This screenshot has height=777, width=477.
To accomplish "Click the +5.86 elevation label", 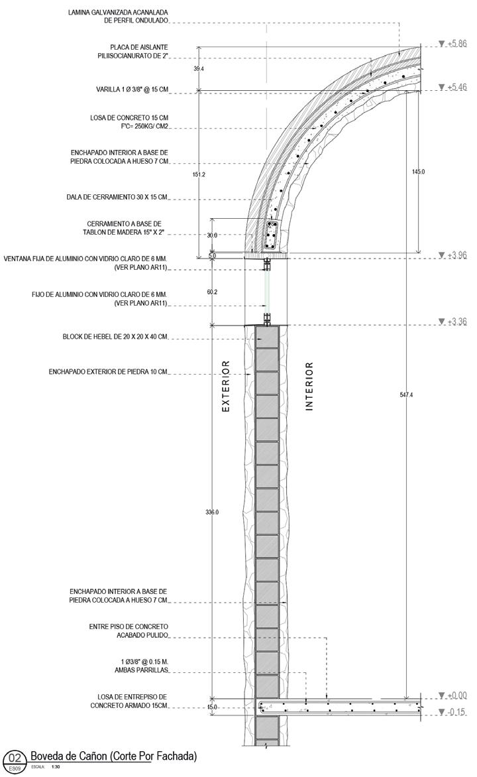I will point(457,44).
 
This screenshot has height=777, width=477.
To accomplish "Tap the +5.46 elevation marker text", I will point(457,87).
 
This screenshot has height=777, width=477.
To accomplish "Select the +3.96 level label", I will point(457,255).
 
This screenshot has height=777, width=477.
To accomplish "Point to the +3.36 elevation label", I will point(457,322).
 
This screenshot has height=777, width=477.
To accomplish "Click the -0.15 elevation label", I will point(457,713).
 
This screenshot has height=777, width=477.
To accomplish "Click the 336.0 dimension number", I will point(211,512).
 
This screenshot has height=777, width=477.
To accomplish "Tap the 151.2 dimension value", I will point(198,174).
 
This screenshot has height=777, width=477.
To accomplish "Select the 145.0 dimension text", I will point(418,172).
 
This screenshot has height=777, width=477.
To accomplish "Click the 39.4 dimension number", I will point(198,68).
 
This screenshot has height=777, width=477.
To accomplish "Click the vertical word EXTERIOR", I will point(225,387).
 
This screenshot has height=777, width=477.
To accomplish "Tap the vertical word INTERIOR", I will point(309,387).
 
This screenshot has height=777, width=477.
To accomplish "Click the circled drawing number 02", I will point(15,758).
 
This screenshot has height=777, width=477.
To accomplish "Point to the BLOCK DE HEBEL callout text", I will point(115,337).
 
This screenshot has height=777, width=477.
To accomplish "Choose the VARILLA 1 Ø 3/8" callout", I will point(132,90).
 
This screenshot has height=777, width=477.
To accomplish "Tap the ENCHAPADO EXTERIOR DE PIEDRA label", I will point(108,372).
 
